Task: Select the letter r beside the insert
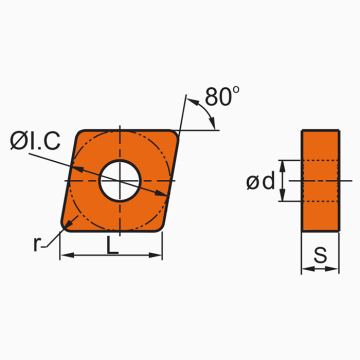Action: point(37,242)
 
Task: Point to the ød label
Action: point(261,181)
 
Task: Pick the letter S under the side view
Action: point(320,256)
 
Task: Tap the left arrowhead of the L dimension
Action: point(66,256)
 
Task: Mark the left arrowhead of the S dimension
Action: point(306,269)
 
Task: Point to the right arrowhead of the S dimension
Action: point(335,269)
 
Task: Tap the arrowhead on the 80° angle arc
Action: point(214,128)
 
